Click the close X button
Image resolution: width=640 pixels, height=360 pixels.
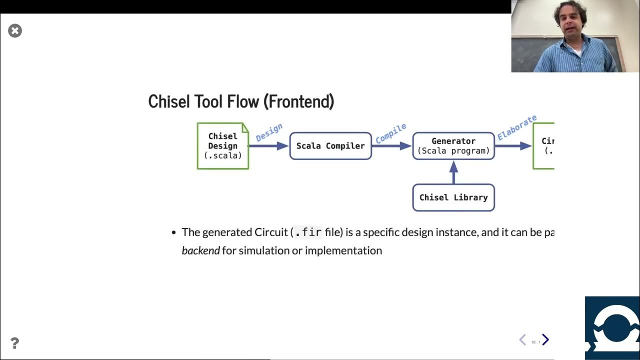coord(15,31)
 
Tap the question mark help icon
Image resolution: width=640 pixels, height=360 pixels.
coord(14,343)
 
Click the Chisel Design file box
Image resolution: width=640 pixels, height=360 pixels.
coord(223,146)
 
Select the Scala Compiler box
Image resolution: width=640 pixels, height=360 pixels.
coord(330,146)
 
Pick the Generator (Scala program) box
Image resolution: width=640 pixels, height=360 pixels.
coord(453,146)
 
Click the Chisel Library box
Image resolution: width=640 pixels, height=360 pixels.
coord(453,197)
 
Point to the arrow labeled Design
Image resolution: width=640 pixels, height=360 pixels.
coord(268,145)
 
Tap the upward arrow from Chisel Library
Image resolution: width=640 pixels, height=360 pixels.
coord(454,172)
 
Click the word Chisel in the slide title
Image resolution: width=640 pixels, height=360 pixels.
coord(168,101)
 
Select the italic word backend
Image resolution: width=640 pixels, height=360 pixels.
coord(200,250)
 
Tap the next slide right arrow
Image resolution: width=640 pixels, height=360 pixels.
coord(545,340)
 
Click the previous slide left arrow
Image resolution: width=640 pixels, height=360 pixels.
coord(522,340)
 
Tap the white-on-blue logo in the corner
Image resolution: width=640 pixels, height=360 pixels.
coord(612,328)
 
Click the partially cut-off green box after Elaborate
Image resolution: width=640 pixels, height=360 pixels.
coord(544,146)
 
